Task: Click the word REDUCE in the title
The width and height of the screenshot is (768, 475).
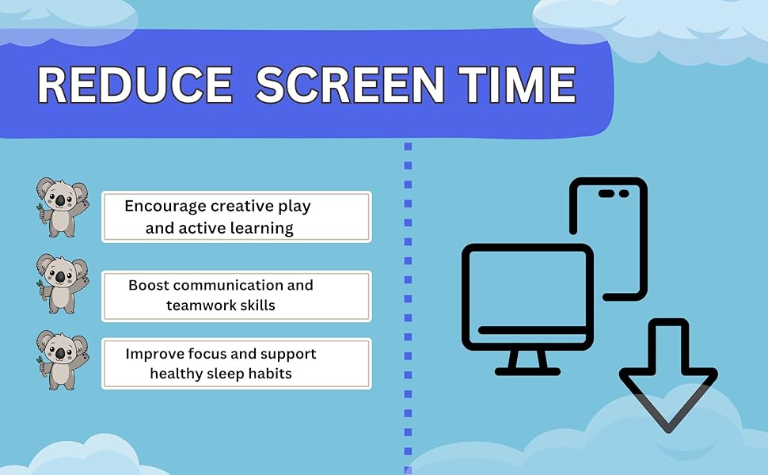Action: coord(135,85)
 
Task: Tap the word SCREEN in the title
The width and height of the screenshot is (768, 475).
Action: coord(350,85)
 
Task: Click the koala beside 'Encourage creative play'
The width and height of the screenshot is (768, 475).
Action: coord(63,207)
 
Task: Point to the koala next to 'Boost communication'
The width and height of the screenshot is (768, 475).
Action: coord(63,284)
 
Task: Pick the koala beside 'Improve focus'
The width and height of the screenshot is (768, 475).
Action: coord(63,360)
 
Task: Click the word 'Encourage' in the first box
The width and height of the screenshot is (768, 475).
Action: coord(165,207)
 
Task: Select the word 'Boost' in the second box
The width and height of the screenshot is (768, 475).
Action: coord(149,285)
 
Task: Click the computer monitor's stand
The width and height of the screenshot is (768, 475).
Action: coord(527,363)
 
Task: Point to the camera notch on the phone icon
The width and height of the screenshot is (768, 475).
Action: coord(614,193)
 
